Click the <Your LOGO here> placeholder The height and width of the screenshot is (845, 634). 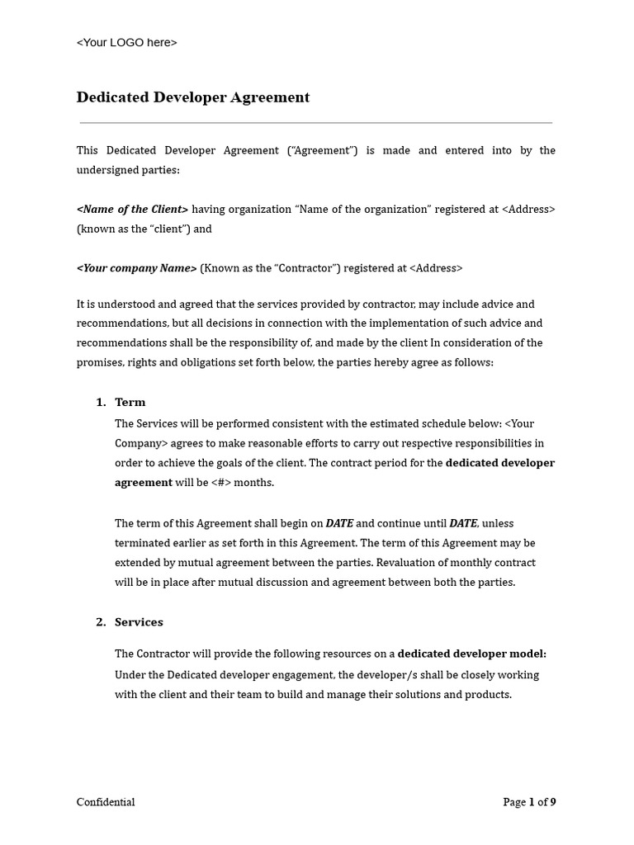126,43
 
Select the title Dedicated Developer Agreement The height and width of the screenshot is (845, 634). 193,97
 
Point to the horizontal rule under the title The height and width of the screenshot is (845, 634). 316,123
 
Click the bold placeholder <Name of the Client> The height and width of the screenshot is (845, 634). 132,210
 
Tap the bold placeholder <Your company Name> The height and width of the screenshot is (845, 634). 137,268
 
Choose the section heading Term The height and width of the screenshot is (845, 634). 130,403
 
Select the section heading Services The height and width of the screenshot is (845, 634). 139,622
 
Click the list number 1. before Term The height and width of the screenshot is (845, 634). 101,403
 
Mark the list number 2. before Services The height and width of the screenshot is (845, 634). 101,622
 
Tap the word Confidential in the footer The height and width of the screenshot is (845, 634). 106,802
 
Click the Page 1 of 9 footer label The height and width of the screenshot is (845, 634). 529,802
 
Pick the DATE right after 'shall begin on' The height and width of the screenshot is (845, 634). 339,523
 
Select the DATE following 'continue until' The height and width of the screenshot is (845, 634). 463,523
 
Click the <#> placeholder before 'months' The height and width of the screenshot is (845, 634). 221,483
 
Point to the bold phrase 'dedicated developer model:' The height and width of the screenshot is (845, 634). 472,654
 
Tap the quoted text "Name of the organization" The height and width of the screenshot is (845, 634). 363,210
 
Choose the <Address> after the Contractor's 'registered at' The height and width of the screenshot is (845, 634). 436,268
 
